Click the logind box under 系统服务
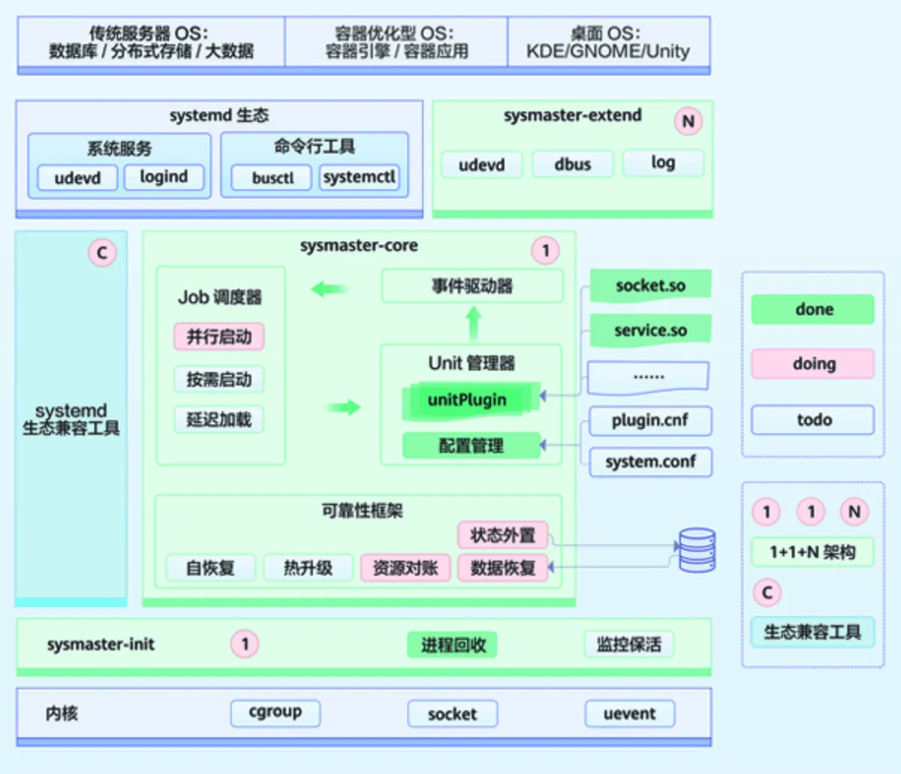pos(163,177)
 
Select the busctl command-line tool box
pos(272,178)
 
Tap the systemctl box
pos(359,177)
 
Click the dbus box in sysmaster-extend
pos(572,164)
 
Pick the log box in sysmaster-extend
pos(663,162)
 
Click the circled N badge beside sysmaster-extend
pos(688,121)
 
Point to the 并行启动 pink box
pos(219,337)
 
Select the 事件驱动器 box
pos(472,286)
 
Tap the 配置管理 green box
pos(471,446)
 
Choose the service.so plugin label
pos(650,330)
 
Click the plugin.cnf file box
pos(650,421)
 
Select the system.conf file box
pos(650,462)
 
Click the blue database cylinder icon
pos(697,550)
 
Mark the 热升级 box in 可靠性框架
pos(308,568)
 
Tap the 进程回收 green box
pos(453,645)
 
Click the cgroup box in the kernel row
pos(275,713)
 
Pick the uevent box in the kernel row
pos(629,714)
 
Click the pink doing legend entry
pos(813,364)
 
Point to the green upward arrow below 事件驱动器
pos(473,323)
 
